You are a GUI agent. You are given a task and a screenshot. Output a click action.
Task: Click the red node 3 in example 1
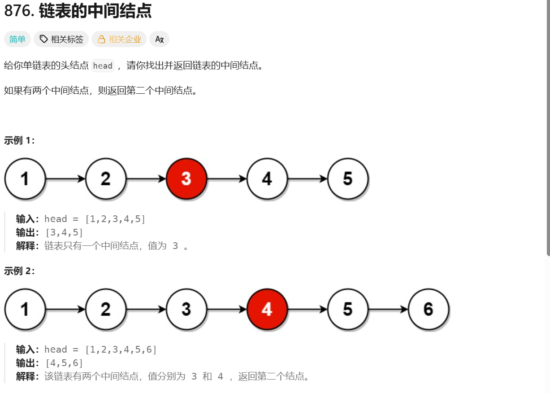[186, 179]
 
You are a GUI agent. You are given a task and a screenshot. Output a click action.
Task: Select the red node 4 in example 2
[267, 309]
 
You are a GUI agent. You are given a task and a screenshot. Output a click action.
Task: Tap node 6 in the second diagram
[429, 309]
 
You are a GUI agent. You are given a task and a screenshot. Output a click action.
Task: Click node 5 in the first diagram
[348, 179]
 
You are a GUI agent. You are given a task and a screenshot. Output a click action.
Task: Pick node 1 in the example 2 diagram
[25, 309]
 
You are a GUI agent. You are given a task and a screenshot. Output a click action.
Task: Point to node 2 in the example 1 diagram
[106, 179]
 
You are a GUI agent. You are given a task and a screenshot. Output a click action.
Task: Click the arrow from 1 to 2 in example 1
[65, 179]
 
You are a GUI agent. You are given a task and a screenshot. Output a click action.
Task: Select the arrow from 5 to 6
[388, 309]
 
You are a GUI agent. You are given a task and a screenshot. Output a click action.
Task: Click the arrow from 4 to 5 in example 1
[307, 179]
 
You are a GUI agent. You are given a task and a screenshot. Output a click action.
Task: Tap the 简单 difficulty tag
[17, 39]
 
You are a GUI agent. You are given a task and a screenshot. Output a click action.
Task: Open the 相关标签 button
[61, 39]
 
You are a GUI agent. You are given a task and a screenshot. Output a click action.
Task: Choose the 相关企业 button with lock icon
[119, 39]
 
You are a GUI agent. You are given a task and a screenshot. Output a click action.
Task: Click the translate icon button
[159, 39]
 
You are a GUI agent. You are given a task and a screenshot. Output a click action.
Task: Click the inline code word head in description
[103, 66]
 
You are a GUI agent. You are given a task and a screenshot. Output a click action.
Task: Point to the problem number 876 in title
[18, 11]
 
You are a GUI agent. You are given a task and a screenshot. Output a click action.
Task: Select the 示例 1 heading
[19, 140]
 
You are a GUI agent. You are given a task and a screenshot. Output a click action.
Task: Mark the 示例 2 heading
[19, 271]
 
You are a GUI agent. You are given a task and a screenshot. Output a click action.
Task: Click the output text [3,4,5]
[64, 232]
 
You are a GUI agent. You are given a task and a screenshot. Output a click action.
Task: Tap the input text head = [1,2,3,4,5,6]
[100, 349]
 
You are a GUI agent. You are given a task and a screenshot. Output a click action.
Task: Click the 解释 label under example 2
[27, 376]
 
